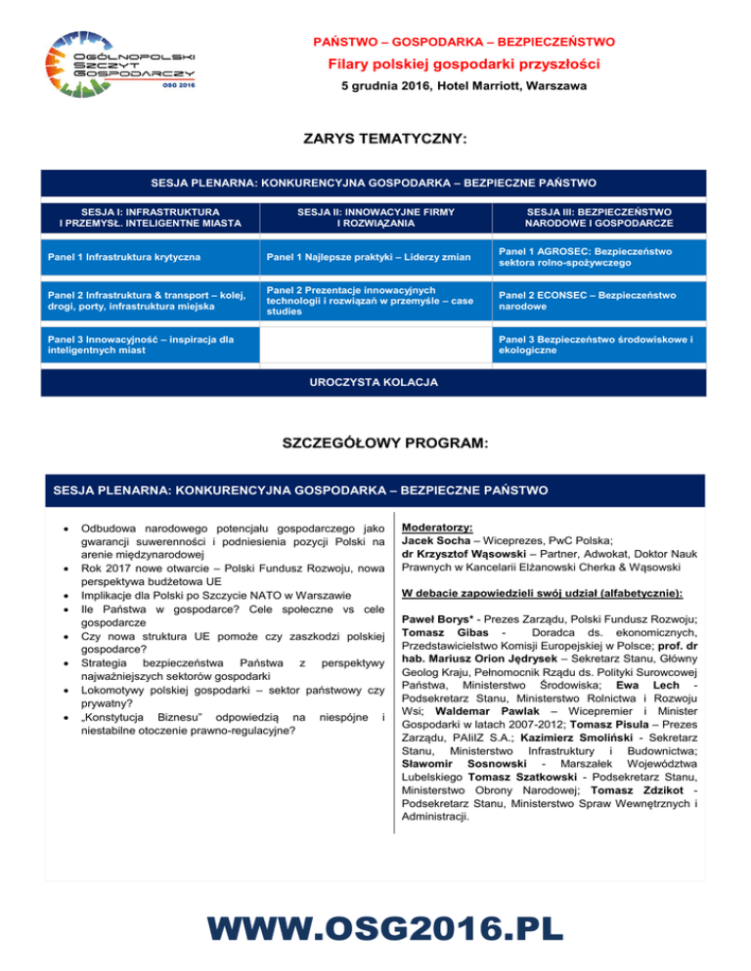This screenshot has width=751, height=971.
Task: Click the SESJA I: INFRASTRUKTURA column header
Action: (138, 217)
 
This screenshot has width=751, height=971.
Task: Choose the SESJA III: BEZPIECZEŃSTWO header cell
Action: (596, 217)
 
